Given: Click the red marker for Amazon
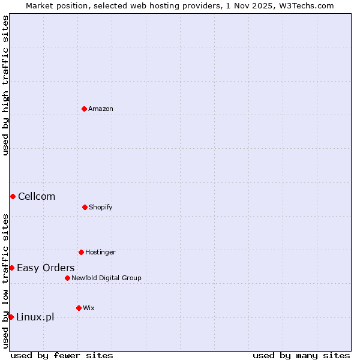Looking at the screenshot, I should pos(84,109).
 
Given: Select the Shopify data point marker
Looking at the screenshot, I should pos(85,207).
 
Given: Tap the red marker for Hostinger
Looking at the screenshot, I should pos(81,252).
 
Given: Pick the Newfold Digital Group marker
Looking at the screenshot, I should pos(67,278).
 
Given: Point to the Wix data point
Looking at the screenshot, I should pos(79,308).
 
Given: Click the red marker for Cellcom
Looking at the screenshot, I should pos(13,196).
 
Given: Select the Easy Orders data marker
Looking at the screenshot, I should pos(11,268).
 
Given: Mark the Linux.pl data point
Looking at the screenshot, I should pos(11,317).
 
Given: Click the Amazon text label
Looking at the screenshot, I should pos(101,109).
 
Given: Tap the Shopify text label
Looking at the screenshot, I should pos(101,207).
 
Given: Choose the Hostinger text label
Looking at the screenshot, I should pos(100,252).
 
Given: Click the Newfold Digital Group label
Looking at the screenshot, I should pos(106,278).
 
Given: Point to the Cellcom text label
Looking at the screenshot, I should pos(37,196).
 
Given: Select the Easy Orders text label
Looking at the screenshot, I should pos(46,268).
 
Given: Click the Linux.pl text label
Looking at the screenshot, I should pos(35,317).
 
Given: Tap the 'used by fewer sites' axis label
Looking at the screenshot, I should pos(62,355).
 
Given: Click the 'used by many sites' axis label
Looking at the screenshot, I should pos(301,355).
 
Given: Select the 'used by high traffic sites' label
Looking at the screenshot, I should pos(5,86).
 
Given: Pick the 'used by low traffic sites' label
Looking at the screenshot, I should pos(5,280).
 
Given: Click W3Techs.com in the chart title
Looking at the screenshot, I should pos(305,5).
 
